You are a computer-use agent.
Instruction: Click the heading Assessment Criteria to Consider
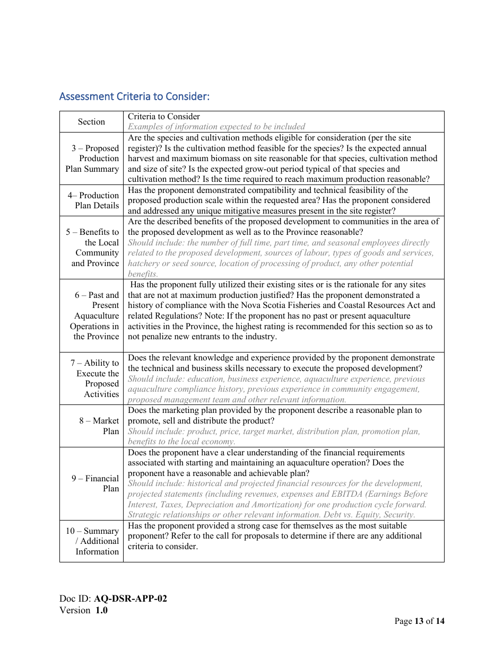(134, 96)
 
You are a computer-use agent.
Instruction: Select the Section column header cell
(91, 122)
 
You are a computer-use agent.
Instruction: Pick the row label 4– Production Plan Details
(93, 200)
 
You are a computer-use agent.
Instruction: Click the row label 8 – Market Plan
(99, 426)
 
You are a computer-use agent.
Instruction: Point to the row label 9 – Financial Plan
(95, 483)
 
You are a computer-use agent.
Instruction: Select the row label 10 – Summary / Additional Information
(92, 541)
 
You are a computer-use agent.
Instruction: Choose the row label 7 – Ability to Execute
(94, 378)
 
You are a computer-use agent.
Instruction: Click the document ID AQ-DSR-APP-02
(131, 599)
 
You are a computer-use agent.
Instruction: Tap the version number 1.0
(101, 610)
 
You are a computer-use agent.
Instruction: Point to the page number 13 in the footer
(419, 621)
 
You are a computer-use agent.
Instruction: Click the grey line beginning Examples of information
(216, 127)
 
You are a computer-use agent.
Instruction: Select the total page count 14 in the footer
(440, 621)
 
